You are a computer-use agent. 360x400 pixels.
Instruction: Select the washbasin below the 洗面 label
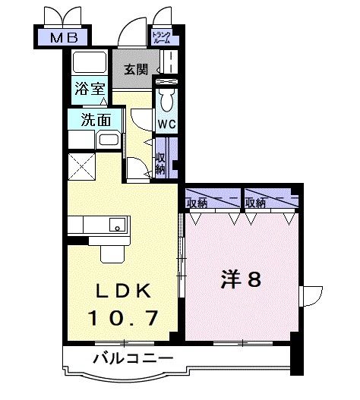(x=107, y=140)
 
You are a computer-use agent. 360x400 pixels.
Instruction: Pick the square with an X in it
(x=81, y=165)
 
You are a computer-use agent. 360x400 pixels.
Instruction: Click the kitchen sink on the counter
(x=117, y=224)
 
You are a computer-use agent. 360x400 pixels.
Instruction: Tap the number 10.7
(x=124, y=317)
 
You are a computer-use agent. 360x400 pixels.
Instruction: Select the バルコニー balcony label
(x=134, y=357)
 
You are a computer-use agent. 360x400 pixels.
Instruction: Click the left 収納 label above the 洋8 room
(x=197, y=203)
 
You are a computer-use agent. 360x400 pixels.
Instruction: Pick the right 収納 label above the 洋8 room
(x=255, y=203)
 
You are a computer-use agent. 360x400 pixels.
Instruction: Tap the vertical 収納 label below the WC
(x=160, y=161)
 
